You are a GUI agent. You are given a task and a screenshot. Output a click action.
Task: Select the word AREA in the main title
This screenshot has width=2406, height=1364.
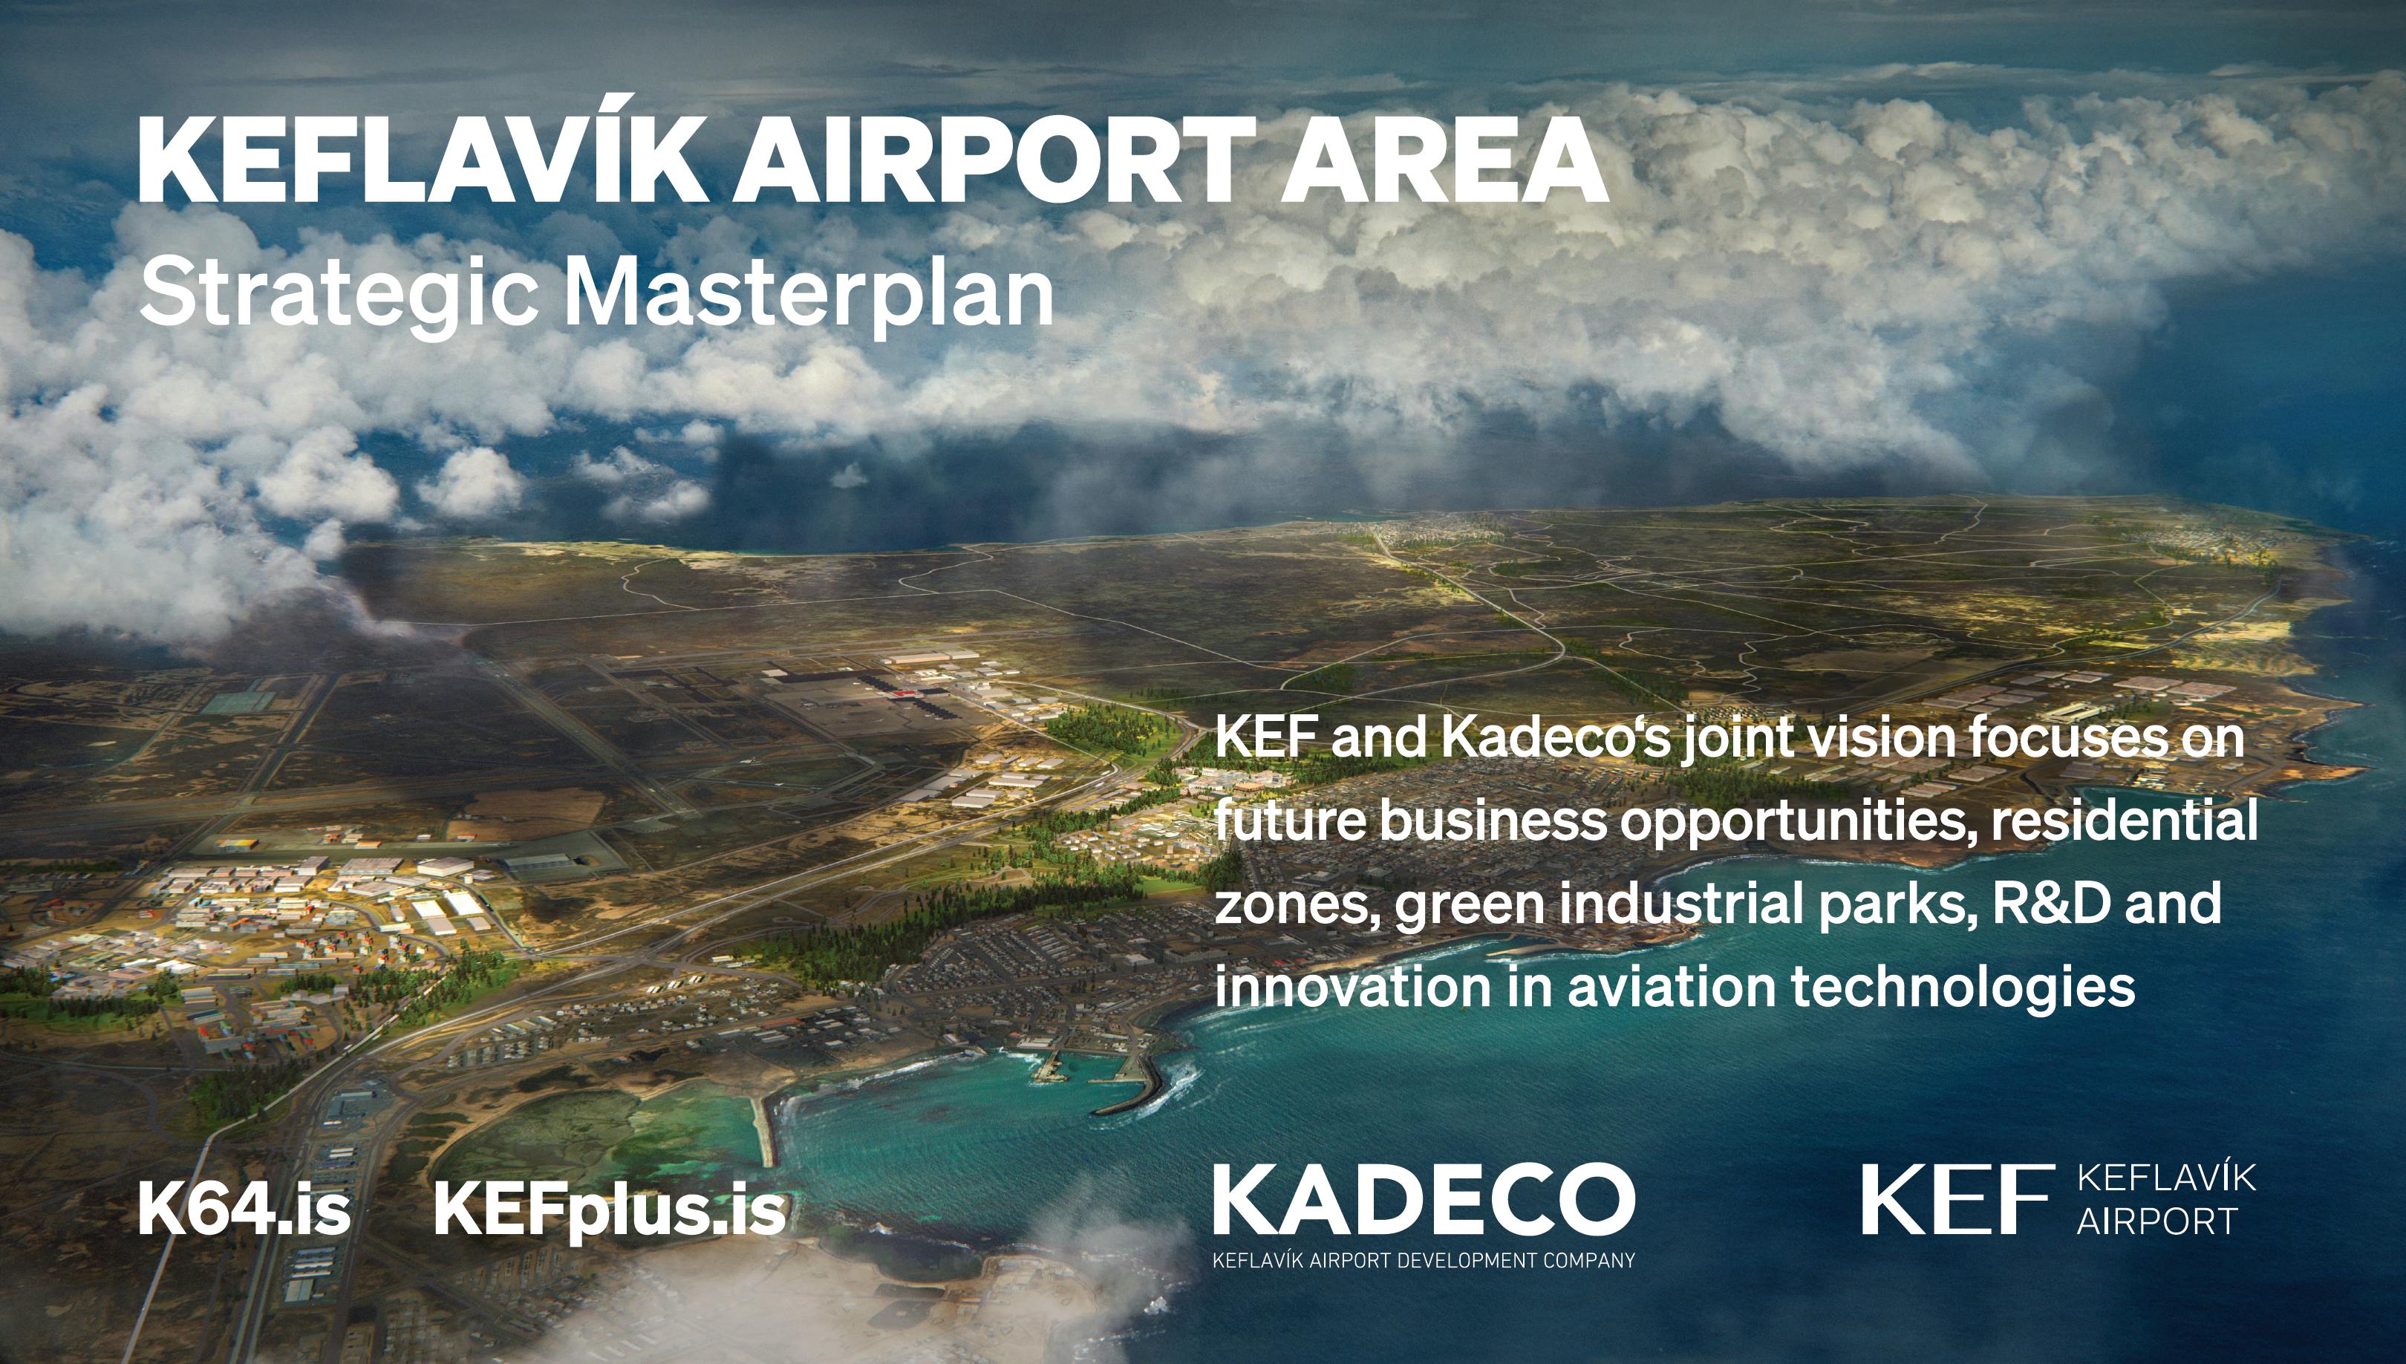(x=1444, y=160)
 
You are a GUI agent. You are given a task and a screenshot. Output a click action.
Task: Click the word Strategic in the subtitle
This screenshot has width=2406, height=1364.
(x=338, y=295)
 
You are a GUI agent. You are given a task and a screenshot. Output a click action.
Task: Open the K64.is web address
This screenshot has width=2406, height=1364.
(x=244, y=1209)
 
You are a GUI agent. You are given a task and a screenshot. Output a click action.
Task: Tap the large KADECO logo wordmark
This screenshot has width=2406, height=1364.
(x=1424, y=1199)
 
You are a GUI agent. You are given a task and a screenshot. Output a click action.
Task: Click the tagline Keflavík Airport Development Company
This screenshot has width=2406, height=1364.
(x=1424, y=1260)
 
